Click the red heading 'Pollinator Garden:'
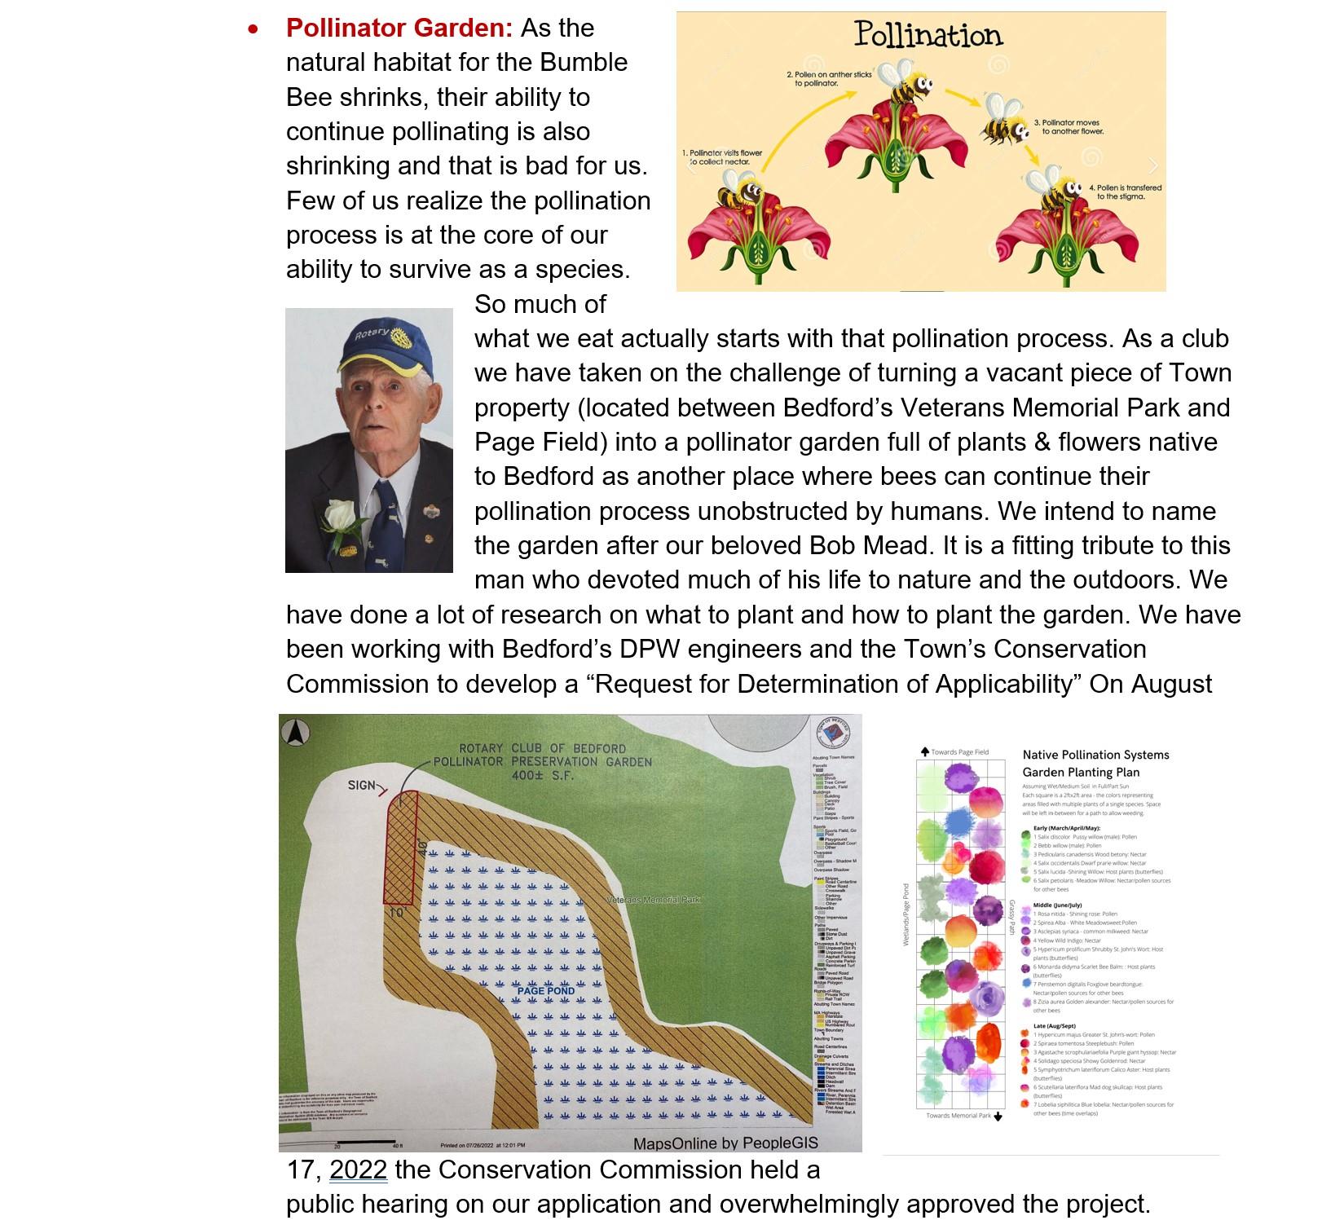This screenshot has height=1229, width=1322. click(x=399, y=29)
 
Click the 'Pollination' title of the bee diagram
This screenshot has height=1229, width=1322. click(x=928, y=35)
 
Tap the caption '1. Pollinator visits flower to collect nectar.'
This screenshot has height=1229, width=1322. click(x=722, y=157)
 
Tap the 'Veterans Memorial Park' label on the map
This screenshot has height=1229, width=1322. click(x=654, y=900)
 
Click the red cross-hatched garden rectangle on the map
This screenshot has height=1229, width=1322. click(x=402, y=848)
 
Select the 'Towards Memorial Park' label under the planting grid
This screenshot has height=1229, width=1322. click(x=960, y=1116)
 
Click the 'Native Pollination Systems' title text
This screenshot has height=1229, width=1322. click(x=1095, y=755)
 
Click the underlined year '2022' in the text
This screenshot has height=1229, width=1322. click(x=358, y=1170)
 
